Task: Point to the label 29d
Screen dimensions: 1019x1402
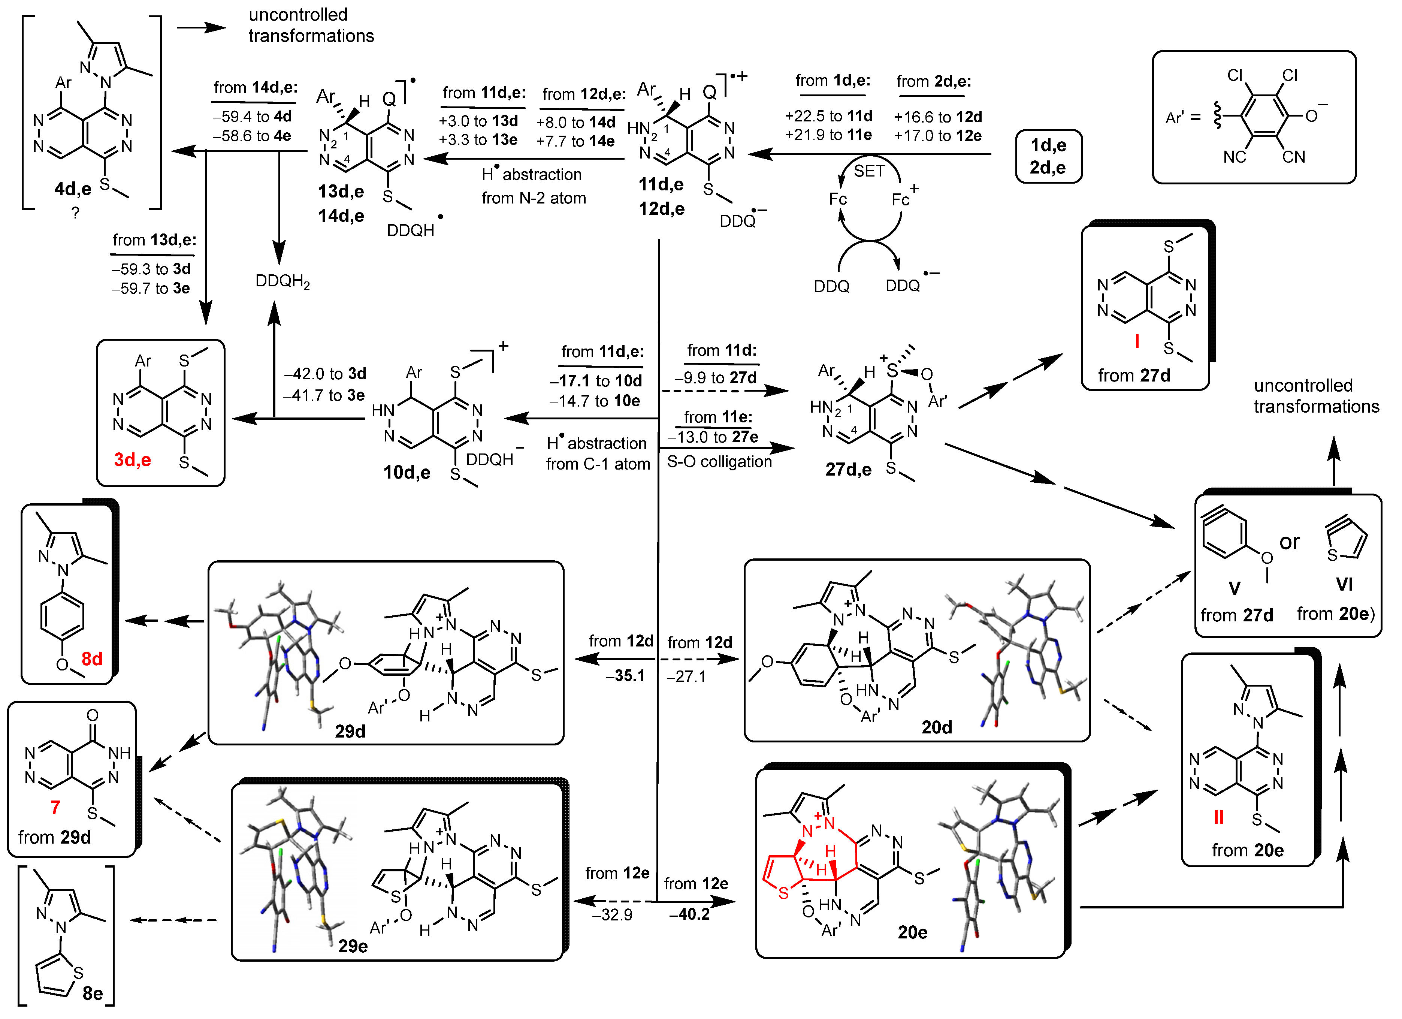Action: (350, 732)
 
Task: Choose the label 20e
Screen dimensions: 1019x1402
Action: (912, 932)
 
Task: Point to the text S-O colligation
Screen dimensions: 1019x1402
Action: (719, 462)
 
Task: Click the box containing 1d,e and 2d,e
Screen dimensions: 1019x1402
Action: (1048, 156)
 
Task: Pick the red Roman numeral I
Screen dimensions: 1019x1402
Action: (1136, 341)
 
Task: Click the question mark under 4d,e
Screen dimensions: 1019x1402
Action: (75, 213)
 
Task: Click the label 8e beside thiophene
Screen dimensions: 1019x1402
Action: (92, 994)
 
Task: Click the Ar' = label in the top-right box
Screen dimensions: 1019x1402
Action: (1182, 117)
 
